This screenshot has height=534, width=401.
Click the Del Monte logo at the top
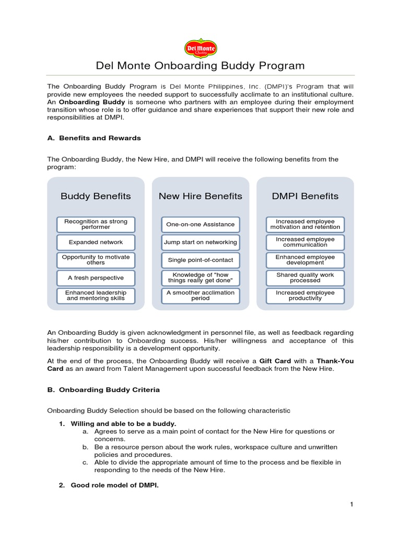pyautogui.click(x=200, y=48)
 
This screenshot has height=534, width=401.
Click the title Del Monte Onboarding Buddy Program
pyautogui.click(x=200, y=66)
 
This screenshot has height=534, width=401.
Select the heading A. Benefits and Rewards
pyautogui.click(x=94, y=138)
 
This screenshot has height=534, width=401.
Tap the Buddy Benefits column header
pyautogui.click(x=96, y=196)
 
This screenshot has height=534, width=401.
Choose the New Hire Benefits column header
pyautogui.click(x=200, y=196)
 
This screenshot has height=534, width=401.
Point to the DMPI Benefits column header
pyautogui.click(x=305, y=196)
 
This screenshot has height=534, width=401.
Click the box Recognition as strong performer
pyautogui.click(x=96, y=224)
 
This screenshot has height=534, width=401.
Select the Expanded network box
pyautogui.click(x=96, y=242)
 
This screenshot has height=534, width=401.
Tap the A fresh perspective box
pyautogui.click(x=96, y=277)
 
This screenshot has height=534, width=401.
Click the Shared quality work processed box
pyautogui.click(x=305, y=277)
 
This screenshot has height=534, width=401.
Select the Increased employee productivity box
pyautogui.click(x=305, y=296)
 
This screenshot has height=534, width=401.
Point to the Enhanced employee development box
pyautogui.click(x=305, y=260)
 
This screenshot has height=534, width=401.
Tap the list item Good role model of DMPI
pyautogui.click(x=114, y=485)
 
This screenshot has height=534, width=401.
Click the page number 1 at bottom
pyautogui.click(x=352, y=504)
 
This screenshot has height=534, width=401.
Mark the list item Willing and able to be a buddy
pyautogui.click(x=123, y=423)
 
